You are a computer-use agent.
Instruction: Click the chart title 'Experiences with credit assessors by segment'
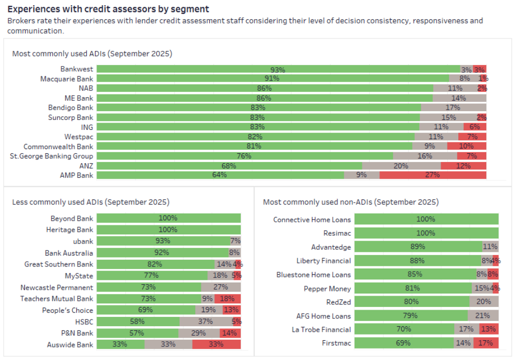point(108,9)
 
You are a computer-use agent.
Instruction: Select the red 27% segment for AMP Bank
point(432,175)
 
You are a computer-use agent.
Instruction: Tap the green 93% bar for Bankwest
point(278,69)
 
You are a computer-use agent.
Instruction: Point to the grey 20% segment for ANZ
point(401,166)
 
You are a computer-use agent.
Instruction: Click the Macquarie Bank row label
point(67,78)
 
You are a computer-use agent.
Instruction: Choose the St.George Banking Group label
point(52,156)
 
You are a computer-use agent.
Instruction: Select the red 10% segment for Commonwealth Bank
point(466,146)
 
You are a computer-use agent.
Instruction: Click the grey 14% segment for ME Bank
point(459,98)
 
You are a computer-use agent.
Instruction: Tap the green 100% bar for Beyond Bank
point(168,219)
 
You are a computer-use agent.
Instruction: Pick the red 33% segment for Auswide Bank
point(216,344)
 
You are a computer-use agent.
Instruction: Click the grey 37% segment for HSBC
point(206,322)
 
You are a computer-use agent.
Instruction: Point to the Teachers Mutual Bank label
point(57,299)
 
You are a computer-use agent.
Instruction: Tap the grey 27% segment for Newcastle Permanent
point(221,287)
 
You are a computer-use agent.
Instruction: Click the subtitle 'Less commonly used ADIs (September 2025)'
point(91,202)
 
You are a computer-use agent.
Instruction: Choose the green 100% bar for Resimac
point(425,233)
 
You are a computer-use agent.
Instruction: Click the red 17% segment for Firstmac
point(486,343)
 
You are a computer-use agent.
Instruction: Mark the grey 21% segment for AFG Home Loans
point(483,316)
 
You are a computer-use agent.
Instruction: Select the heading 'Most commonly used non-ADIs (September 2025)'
point(350,202)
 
